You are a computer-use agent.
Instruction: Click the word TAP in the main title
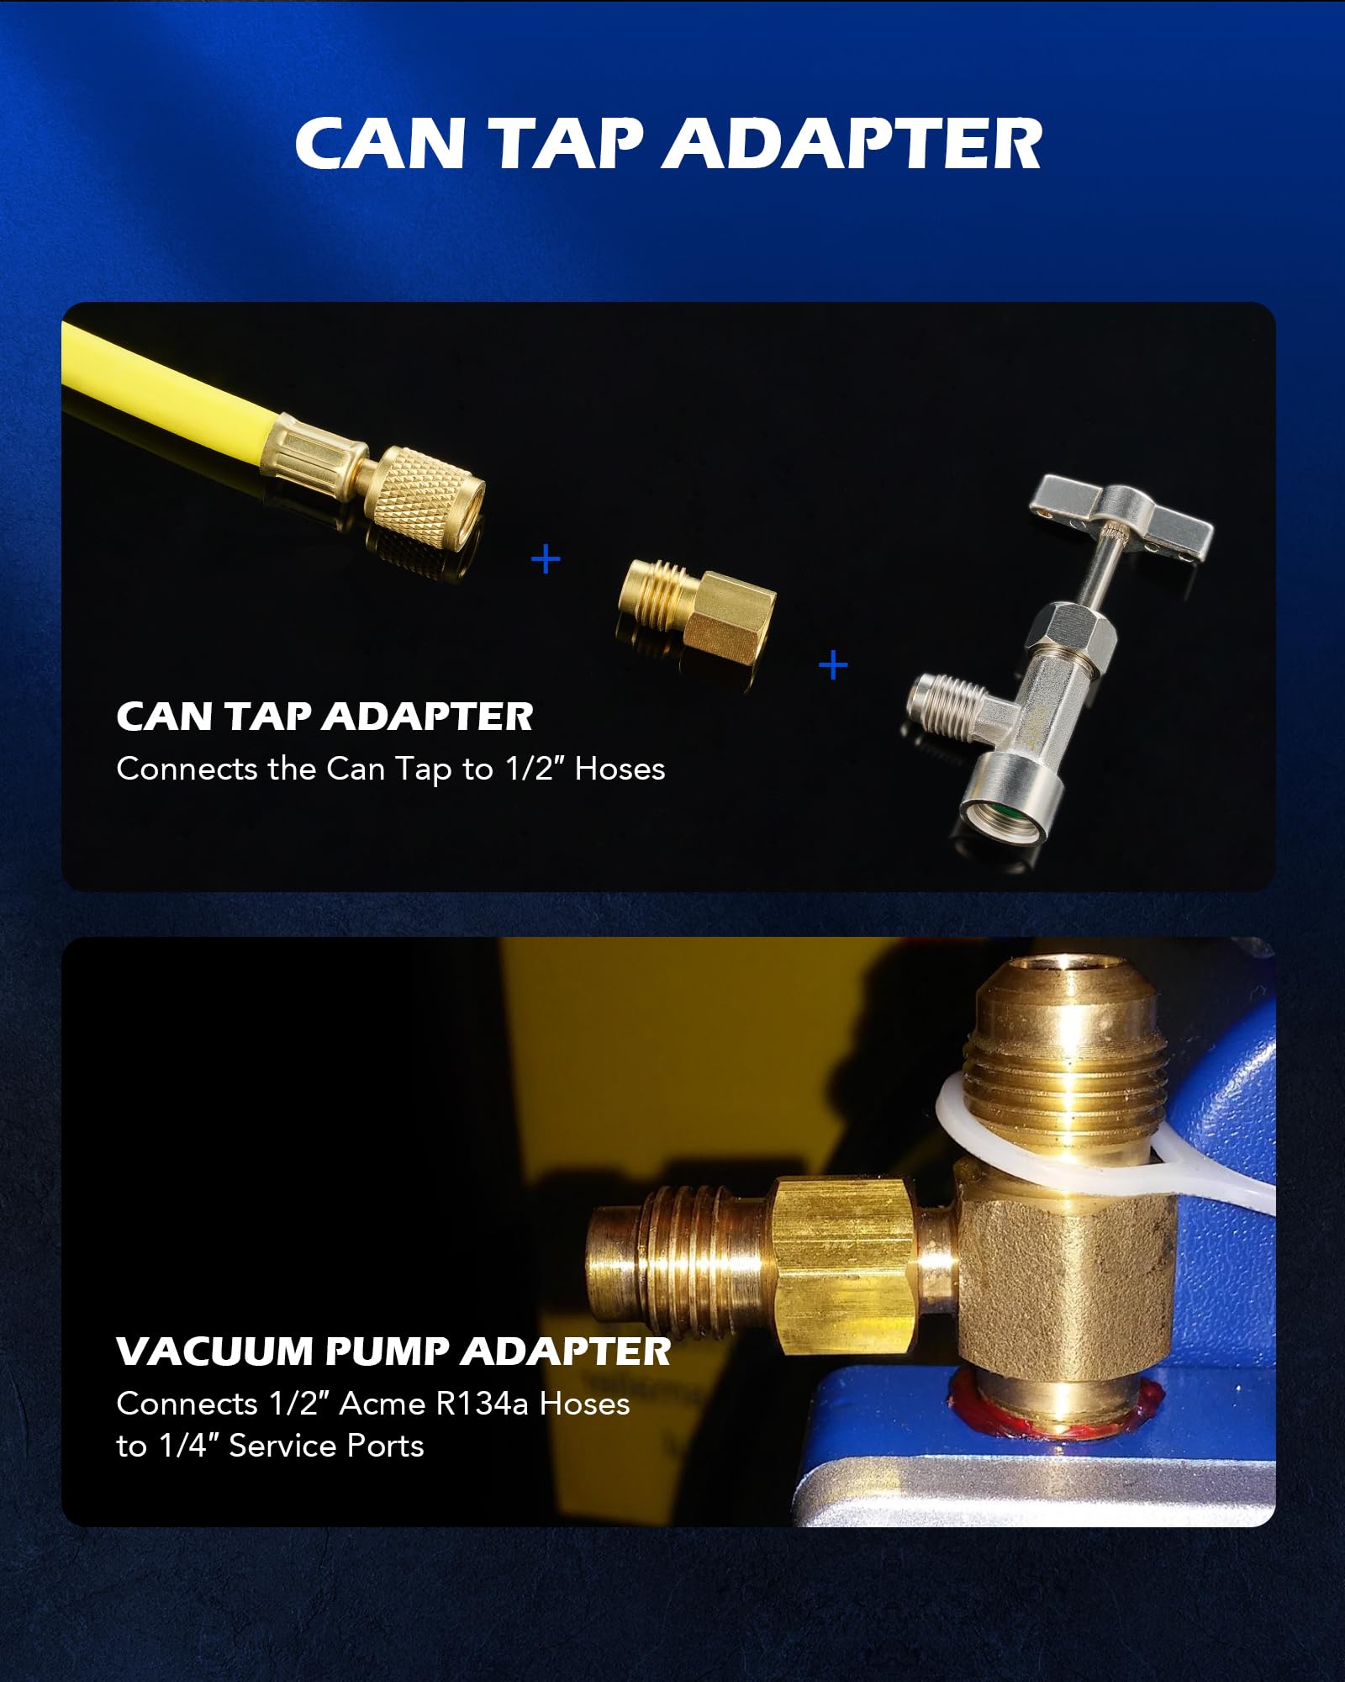566,143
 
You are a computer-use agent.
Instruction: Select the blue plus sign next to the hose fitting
546,558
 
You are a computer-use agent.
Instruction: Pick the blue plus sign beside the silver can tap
833,665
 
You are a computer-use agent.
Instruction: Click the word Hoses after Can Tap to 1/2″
620,769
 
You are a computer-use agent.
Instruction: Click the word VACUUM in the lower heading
214,1351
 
